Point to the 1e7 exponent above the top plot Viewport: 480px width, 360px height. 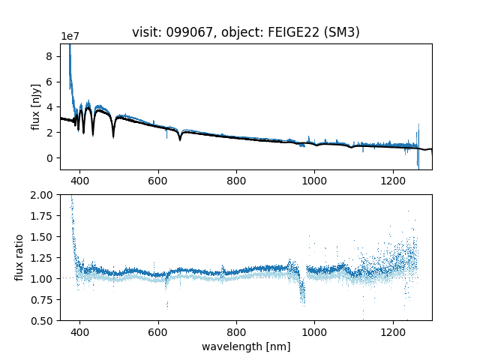(70, 37)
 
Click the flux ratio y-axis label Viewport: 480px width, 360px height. (19, 257)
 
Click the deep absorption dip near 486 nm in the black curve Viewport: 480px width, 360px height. (113, 135)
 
